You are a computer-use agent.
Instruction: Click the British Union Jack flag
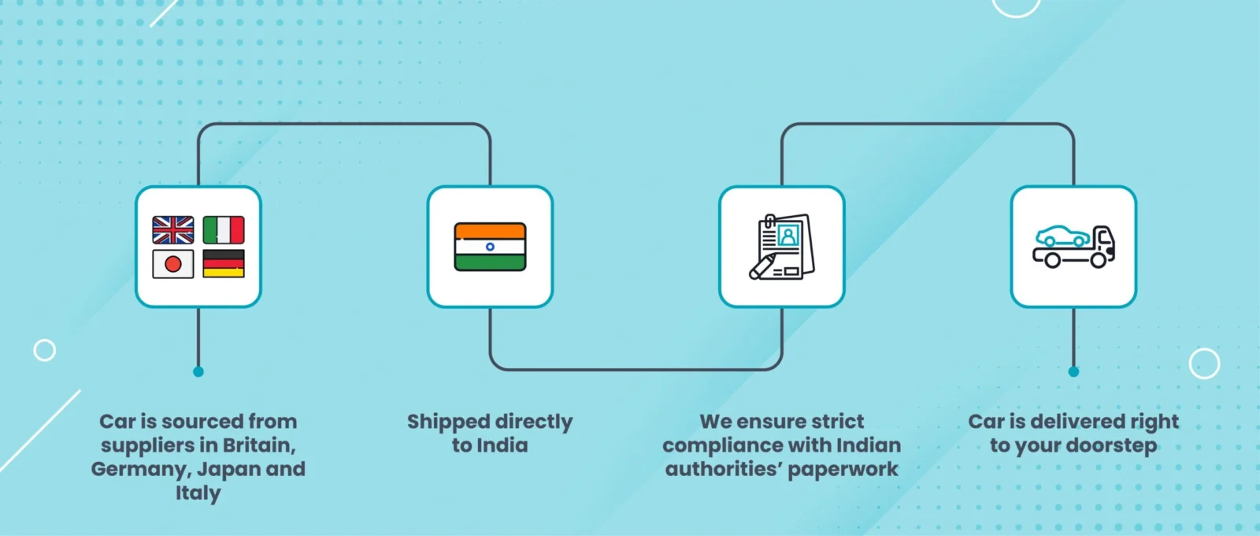click(x=173, y=229)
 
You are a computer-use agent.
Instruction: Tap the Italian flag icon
click(x=224, y=229)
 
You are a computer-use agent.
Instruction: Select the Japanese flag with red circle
click(x=173, y=264)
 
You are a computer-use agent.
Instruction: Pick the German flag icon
click(x=224, y=264)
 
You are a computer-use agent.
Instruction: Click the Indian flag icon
click(x=490, y=247)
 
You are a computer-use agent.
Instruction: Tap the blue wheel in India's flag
click(x=490, y=247)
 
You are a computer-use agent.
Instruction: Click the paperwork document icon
click(x=782, y=246)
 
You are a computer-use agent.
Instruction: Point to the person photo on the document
click(x=788, y=235)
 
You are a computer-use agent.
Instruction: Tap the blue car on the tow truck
click(x=1062, y=236)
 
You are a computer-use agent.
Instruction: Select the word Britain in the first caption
click(x=259, y=445)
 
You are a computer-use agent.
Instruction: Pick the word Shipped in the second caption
click(x=449, y=422)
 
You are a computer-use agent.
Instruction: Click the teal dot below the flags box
click(x=198, y=371)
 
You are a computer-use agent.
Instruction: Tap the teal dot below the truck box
click(x=1073, y=371)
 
